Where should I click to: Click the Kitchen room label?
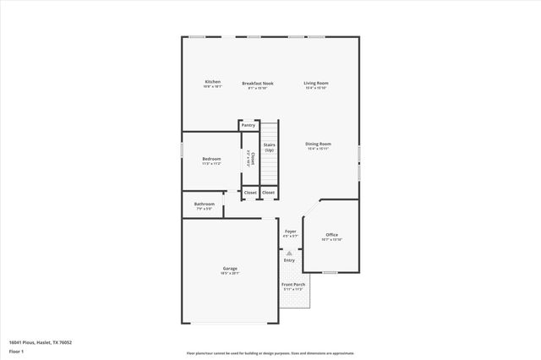(x=212, y=82)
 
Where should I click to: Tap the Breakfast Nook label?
(x=258, y=84)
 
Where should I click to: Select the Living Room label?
(x=316, y=83)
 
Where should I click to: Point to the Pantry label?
(x=248, y=125)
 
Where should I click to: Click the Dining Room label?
(x=318, y=144)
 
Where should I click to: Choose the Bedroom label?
(x=211, y=159)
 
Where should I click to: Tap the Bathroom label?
(x=205, y=204)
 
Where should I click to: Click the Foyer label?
(x=290, y=231)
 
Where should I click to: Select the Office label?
(x=331, y=235)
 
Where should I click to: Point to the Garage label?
(x=230, y=269)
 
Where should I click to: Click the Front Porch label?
(x=293, y=285)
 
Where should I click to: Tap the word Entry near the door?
(x=289, y=260)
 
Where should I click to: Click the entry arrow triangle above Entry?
(x=289, y=253)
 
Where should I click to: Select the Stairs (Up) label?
(x=269, y=147)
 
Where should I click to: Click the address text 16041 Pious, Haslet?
(x=41, y=342)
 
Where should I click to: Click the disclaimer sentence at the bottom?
(x=270, y=354)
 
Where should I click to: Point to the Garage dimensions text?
(x=230, y=274)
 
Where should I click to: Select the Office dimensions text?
(x=331, y=240)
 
